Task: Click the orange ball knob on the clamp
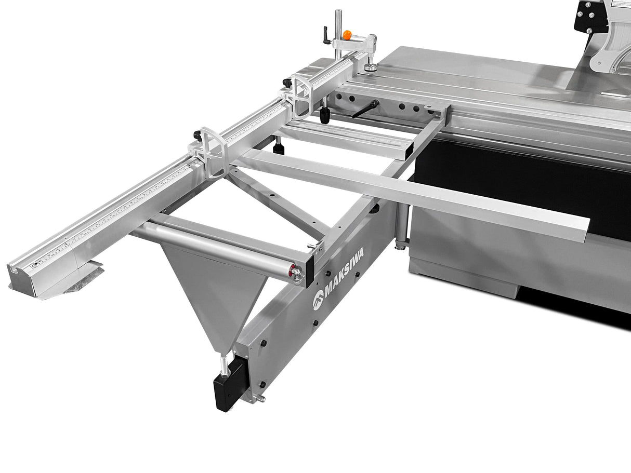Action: click(347, 35)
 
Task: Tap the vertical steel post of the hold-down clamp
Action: click(338, 31)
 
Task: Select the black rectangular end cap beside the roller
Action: click(310, 267)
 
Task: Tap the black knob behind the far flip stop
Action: click(198, 136)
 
